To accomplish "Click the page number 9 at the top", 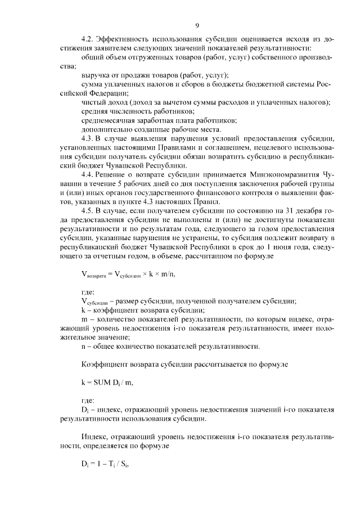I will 197,25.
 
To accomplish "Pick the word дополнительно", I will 107,129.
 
